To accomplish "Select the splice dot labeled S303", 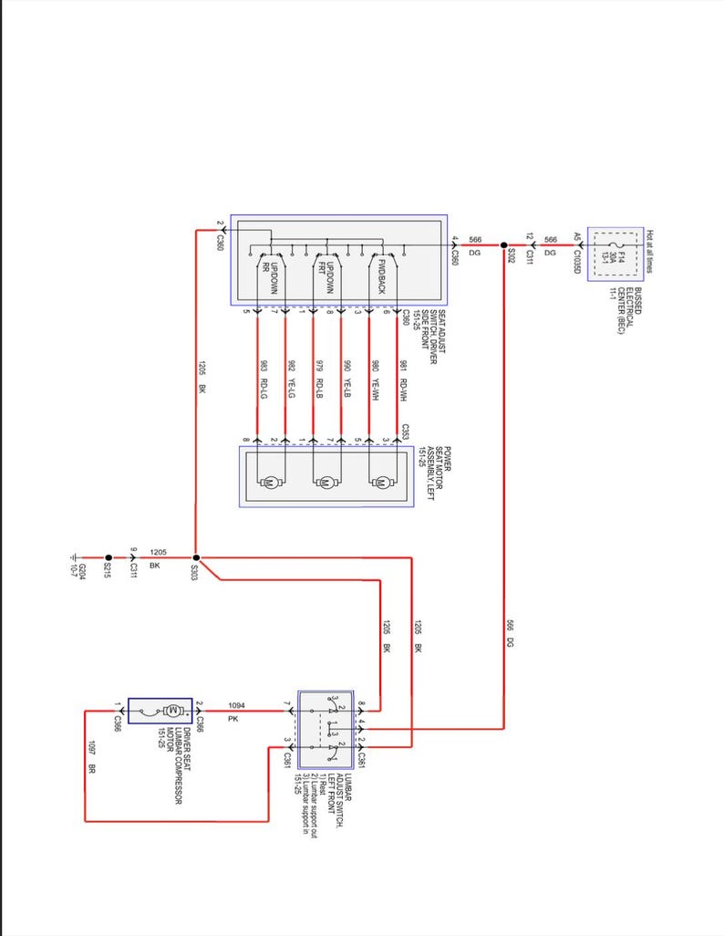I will click(x=195, y=556).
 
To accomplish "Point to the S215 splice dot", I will click(x=108, y=556).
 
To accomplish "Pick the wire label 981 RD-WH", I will click(x=403, y=376).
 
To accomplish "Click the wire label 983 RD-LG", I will click(x=263, y=376).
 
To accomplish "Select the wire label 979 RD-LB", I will click(x=319, y=376).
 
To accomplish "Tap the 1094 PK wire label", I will click(x=236, y=712).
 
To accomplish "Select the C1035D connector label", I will click(x=577, y=256).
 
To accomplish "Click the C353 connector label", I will click(x=404, y=432).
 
